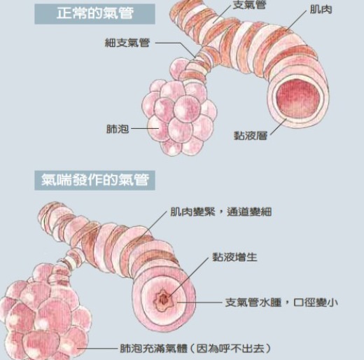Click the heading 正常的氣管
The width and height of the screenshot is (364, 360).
pyautogui.click(x=95, y=13)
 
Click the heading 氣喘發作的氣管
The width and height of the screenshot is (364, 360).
pyautogui.click(x=95, y=180)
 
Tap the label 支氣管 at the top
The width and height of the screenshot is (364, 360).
pyautogui.click(x=249, y=5)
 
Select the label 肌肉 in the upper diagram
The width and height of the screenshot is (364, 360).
pyautogui.click(x=321, y=10)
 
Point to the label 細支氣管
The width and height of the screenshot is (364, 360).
pyautogui.click(x=127, y=43)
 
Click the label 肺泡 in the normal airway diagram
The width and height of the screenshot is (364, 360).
pyautogui.click(x=118, y=129)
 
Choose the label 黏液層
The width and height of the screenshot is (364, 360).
pyautogui.click(x=251, y=135)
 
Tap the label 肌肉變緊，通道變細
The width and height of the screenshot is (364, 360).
pyautogui.click(x=221, y=212)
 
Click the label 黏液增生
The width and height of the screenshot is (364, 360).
pyautogui.click(x=234, y=257)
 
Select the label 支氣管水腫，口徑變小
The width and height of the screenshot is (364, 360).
pyautogui.click(x=281, y=303)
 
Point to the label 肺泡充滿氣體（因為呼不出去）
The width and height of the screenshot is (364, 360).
pyautogui.click(x=195, y=349)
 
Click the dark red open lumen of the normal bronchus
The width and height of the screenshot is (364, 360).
pyautogui.click(x=298, y=99)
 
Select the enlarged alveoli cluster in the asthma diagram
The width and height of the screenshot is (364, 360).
pyautogui.click(x=43, y=313)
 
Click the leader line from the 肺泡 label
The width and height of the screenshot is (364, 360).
pyautogui.click(x=145, y=128)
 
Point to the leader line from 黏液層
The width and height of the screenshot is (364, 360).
pyautogui.click(x=278, y=127)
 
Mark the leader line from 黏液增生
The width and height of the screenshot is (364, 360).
pyautogui.click(x=188, y=277)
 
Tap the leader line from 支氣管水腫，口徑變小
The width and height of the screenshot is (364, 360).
pyautogui.click(x=199, y=303)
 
